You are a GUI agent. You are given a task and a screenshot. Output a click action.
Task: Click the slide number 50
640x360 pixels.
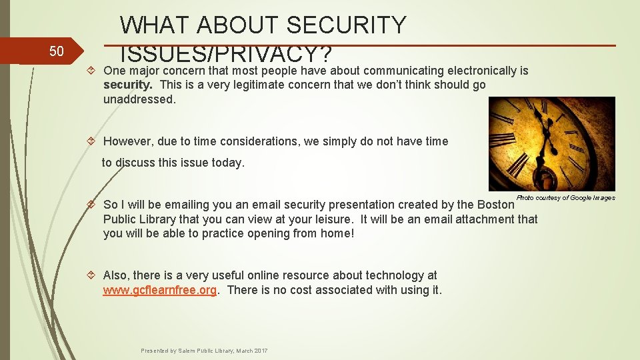tap(57, 51)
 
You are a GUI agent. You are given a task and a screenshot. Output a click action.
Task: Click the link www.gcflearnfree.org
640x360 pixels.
tap(159, 290)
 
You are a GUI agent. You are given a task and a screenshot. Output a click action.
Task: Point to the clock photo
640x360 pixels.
tap(551, 143)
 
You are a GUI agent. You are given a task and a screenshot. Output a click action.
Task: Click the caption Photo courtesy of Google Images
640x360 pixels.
tap(565, 198)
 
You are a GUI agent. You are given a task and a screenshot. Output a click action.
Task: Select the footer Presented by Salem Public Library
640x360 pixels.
tap(204, 351)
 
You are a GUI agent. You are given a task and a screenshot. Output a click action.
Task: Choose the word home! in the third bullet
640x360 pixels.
tap(339, 233)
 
